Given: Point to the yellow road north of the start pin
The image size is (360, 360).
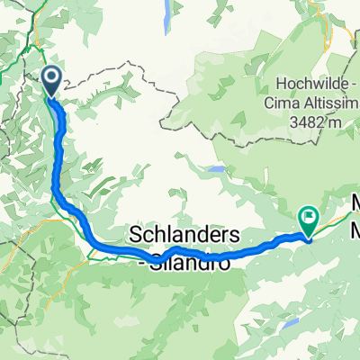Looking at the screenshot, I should [x=39, y=45].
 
